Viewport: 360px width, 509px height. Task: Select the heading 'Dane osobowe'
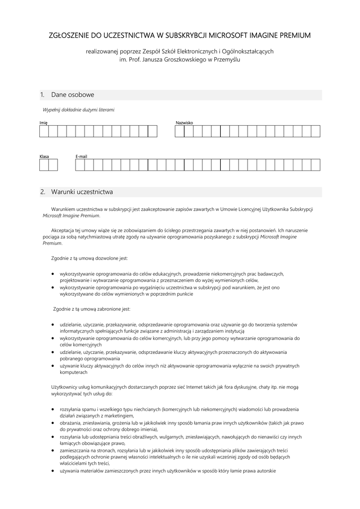click(x=73, y=94)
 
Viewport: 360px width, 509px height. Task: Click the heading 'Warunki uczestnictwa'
click(x=82, y=191)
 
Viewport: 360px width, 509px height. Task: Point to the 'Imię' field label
click(x=44, y=122)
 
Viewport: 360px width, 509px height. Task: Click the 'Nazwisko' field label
click(x=184, y=122)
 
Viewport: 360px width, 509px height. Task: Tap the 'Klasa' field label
click(x=44, y=157)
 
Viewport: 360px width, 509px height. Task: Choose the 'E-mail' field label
click(x=81, y=157)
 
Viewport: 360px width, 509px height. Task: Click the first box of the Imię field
click(x=44, y=131)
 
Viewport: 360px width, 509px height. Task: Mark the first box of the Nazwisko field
click(x=179, y=131)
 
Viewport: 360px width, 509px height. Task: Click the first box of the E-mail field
click(x=80, y=165)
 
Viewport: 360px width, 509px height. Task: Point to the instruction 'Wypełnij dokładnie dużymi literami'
click(x=79, y=109)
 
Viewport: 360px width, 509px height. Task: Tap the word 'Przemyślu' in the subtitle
click(x=226, y=60)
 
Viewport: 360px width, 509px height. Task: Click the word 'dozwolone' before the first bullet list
click(x=104, y=258)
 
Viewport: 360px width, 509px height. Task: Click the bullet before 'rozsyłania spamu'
click(x=53, y=410)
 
